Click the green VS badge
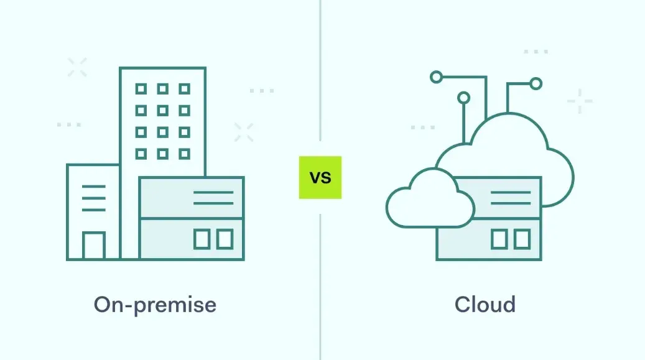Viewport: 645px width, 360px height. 320,177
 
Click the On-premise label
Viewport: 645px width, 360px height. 155,305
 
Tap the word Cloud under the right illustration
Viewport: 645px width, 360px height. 485,305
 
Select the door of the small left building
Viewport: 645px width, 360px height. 94,246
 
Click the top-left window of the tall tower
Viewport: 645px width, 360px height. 141,89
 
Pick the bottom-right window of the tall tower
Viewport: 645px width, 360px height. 184,153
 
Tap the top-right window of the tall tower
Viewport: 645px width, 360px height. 184,89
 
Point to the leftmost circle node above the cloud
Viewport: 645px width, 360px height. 437,76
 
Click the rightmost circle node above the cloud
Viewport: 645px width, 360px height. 536,83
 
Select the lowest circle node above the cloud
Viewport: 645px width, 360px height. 463,98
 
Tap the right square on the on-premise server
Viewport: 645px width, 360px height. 224,239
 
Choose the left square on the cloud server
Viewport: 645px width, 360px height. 499,239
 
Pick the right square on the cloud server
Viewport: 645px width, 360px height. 522,239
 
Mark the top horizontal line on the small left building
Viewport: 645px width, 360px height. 94,186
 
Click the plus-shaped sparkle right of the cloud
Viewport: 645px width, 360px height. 580,101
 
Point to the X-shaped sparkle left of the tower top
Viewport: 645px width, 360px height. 77,67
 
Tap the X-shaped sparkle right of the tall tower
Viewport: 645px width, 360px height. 244,132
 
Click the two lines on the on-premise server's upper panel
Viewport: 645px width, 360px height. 213,198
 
